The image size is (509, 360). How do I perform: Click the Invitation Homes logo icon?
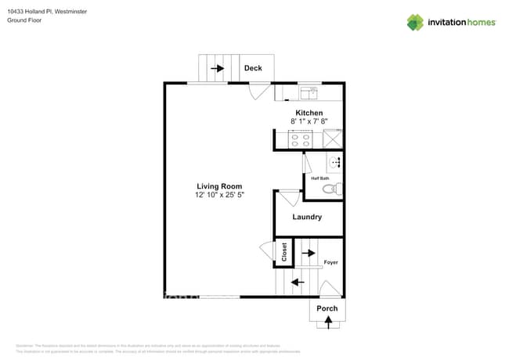click(415, 22)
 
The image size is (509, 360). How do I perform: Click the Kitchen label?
click(309, 113)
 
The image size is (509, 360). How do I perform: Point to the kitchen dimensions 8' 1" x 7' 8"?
click(309, 121)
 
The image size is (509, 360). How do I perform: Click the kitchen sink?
click(309, 93)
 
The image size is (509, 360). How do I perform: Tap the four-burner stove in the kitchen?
click(300, 139)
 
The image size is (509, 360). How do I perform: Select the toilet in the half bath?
click(336, 189)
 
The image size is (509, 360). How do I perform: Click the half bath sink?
click(335, 163)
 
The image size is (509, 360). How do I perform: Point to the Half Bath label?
click(320, 178)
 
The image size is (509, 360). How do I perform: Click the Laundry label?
click(307, 217)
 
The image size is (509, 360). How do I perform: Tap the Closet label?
click(284, 251)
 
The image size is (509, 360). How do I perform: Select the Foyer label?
click(331, 262)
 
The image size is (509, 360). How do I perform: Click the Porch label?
click(327, 308)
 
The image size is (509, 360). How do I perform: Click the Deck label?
click(253, 68)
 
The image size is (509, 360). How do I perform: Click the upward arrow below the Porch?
click(327, 321)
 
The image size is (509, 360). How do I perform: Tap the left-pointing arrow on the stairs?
click(298, 282)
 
